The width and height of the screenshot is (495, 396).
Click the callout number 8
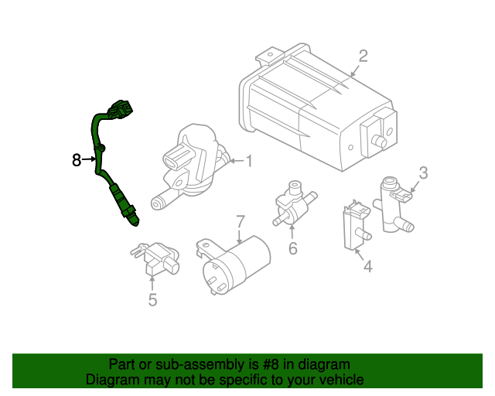pos(76,160)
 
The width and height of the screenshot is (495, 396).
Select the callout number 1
pos(249,161)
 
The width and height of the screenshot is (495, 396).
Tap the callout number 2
pos(363,56)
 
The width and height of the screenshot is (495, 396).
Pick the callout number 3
pos(423,172)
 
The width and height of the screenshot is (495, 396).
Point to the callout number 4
pos(367,267)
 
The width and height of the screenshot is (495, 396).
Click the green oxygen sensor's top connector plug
pos(121,111)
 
